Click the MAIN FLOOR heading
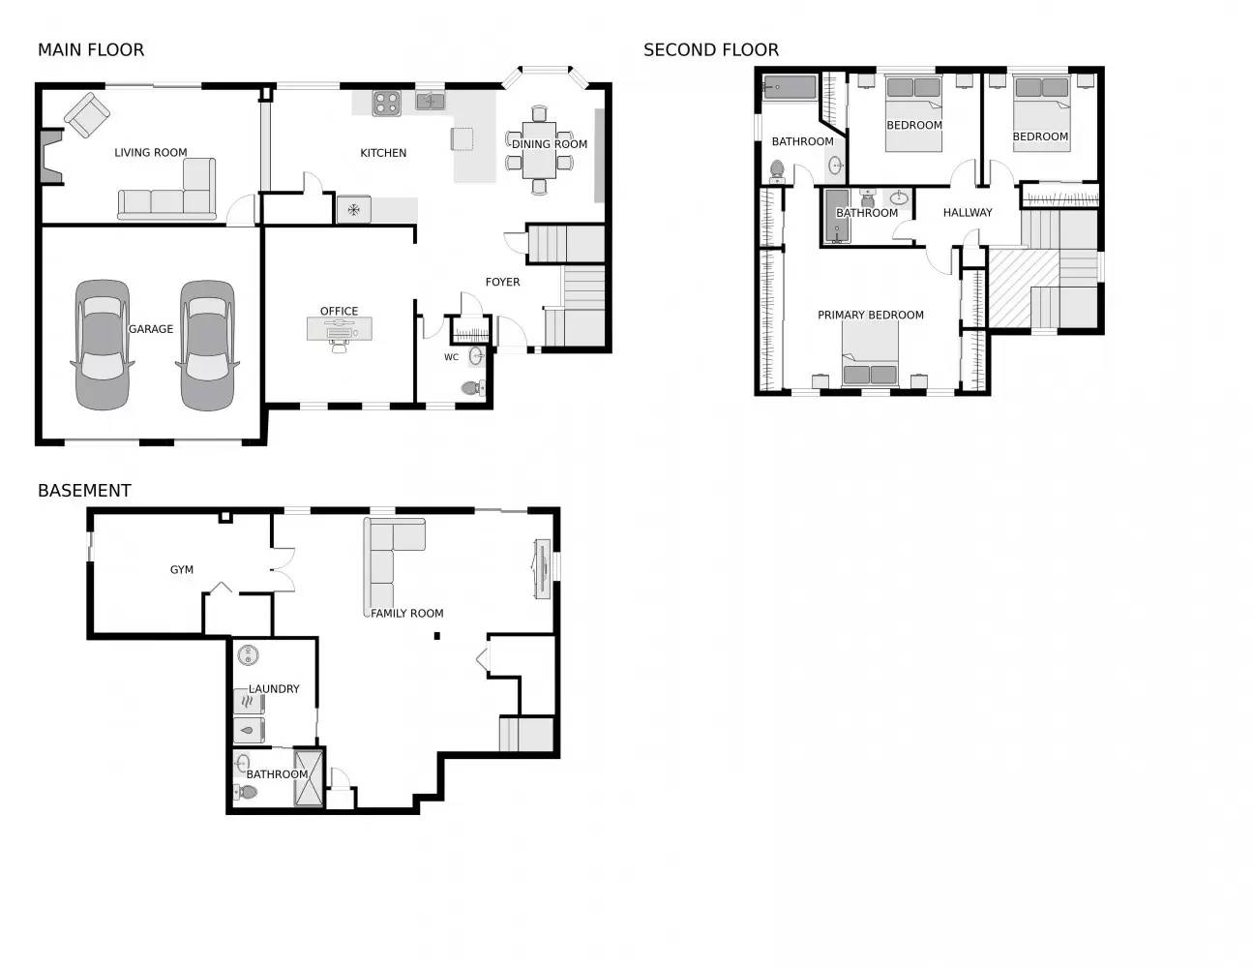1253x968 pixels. (x=91, y=50)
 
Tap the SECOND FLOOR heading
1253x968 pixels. (x=711, y=50)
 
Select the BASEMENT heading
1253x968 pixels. (x=84, y=491)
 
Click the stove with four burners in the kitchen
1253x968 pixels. (x=386, y=104)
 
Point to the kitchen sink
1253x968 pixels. (x=431, y=102)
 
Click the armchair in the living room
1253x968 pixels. (x=87, y=115)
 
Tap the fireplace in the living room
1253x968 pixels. (x=50, y=157)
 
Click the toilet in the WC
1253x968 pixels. (x=473, y=388)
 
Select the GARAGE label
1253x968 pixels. (x=151, y=329)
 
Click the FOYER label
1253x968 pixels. (x=502, y=282)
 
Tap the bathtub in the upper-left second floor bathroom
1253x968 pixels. (x=790, y=88)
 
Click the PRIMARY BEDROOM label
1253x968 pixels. (x=870, y=315)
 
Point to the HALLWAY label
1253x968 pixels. (x=967, y=213)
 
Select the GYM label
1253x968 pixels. (x=182, y=570)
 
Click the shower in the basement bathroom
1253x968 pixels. (x=309, y=777)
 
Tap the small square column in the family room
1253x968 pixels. (x=437, y=636)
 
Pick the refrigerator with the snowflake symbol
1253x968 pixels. (x=353, y=209)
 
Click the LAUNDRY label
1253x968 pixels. (x=274, y=689)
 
